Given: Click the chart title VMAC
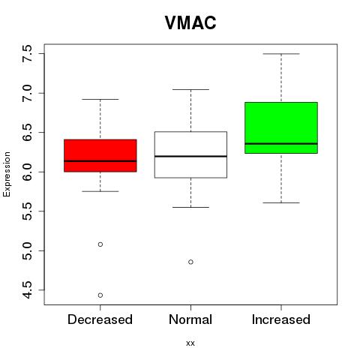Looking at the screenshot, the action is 190,22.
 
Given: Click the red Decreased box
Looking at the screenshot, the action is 100,155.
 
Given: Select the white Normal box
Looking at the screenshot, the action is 190,154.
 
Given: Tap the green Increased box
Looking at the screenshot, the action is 281,127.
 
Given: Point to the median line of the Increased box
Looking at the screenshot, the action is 281,144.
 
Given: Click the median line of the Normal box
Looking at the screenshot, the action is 190,156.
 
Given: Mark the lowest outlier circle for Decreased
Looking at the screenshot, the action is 100,295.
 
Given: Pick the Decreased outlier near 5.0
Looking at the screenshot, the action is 100,244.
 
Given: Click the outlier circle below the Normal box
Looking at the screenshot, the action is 190,262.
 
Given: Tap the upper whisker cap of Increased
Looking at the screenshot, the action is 281,54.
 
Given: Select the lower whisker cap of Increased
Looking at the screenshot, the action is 281,202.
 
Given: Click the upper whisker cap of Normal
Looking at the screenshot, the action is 190,89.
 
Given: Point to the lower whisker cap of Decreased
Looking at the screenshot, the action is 100,191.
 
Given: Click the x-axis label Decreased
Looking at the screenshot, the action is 100,319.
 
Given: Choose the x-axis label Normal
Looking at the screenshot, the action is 190,319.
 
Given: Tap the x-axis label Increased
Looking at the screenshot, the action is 281,319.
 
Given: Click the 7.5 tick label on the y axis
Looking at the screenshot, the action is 27,54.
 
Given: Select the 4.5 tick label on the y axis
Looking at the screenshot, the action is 27,290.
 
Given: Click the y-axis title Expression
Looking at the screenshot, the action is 7,174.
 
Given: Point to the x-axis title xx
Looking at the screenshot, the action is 190,343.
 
